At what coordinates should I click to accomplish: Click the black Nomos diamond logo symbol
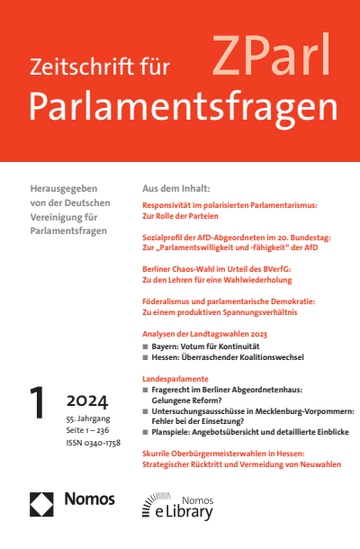point(42,503)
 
